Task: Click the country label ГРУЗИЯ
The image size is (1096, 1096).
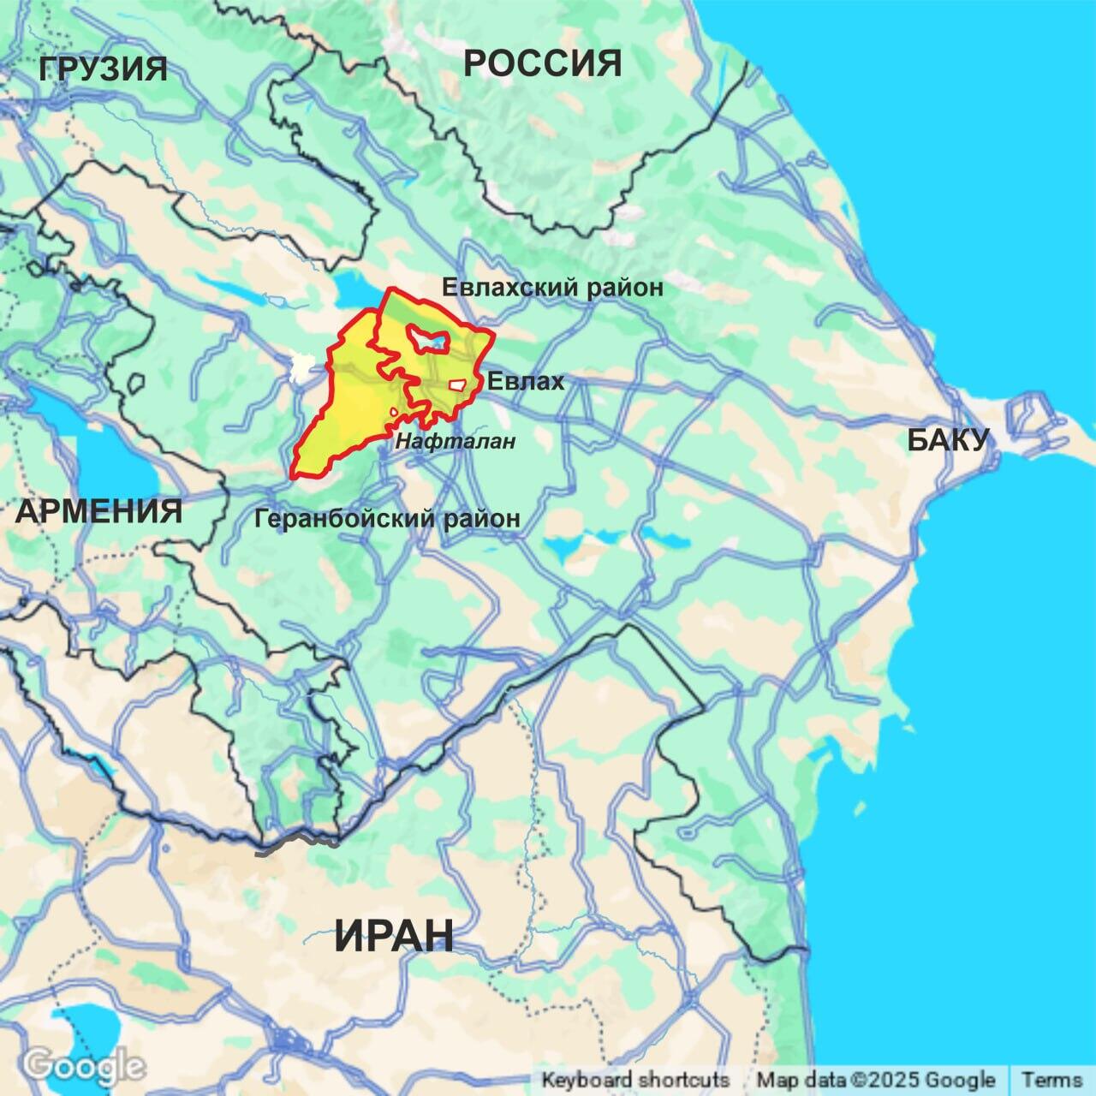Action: [x=104, y=68]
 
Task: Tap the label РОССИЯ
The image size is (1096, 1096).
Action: [x=542, y=63]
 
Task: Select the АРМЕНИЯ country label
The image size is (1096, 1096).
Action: [x=98, y=512]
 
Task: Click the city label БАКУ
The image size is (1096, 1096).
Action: [x=948, y=440]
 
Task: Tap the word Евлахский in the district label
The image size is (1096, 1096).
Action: [x=510, y=287]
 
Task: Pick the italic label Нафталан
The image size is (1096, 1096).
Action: [x=456, y=442]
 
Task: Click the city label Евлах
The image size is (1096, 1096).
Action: [x=526, y=381]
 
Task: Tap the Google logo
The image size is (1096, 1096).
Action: [x=83, y=1067]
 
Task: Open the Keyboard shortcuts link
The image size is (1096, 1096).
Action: [x=635, y=1080]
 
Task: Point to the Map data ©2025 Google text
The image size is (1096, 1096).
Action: [x=876, y=1080]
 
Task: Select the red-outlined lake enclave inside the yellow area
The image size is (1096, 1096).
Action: [x=426, y=341]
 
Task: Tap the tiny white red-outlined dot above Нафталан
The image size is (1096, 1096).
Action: [x=394, y=413]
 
